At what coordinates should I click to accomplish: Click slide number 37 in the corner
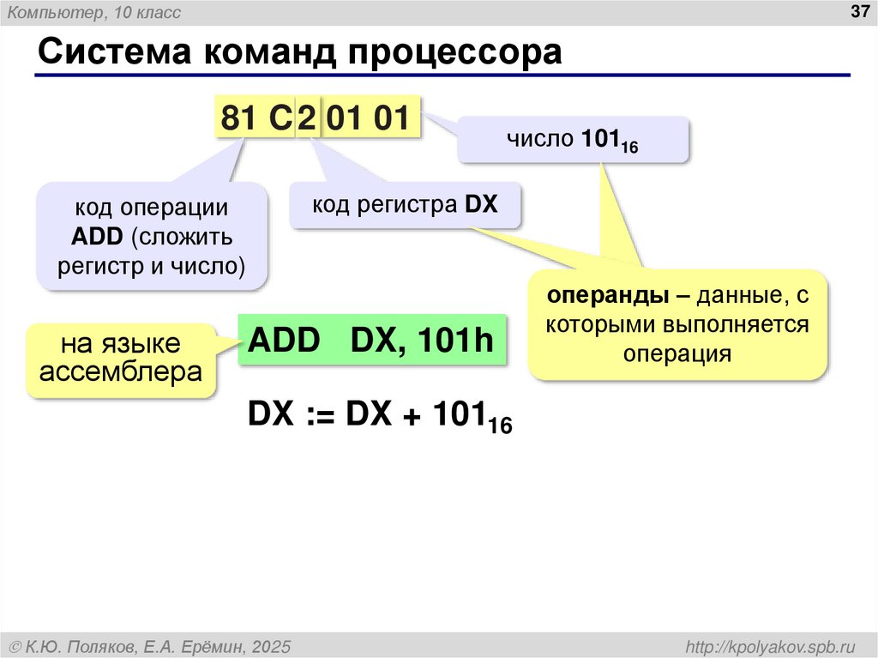click(x=858, y=12)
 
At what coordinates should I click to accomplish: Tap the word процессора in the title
click(x=455, y=52)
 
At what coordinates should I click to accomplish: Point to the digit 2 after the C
click(x=307, y=118)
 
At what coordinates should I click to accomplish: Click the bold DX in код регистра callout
click(x=481, y=204)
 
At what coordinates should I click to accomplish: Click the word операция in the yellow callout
click(x=677, y=353)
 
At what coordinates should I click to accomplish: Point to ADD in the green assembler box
click(x=283, y=341)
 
